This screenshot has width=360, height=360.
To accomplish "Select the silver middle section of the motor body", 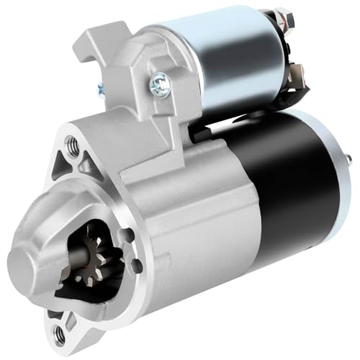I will (209, 216).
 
